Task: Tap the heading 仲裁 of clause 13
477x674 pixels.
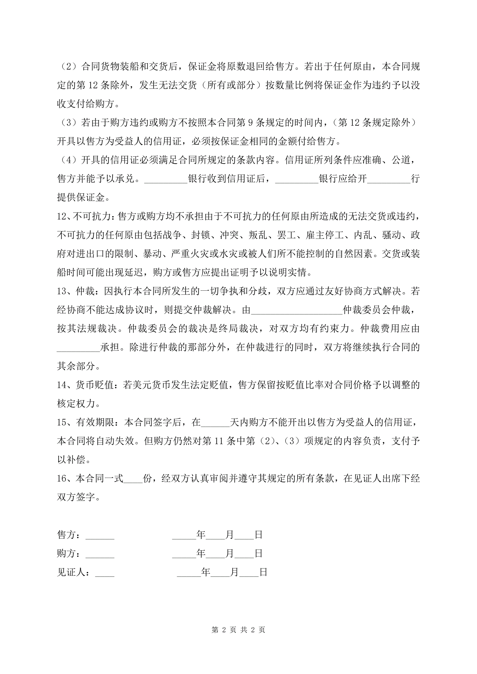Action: [x=86, y=291]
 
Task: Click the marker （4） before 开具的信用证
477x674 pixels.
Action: [x=69, y=160]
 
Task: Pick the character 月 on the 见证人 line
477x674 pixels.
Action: [x=234, y=572]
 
